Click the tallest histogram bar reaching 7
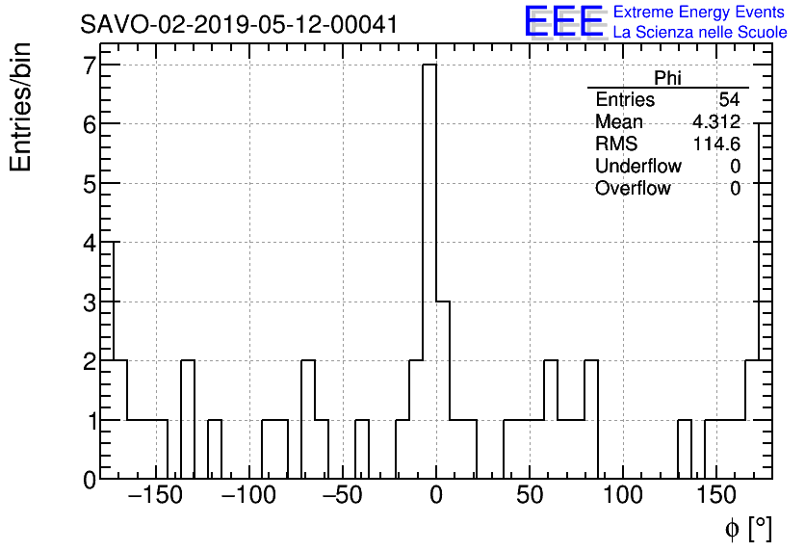(429, 270)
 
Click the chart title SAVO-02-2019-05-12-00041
(239, 24)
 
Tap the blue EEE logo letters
(563, 21)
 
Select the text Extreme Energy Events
(700, 13)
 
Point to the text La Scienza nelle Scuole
(700, 33)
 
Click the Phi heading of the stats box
(667, 78)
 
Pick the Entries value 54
(729, 100)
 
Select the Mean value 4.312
(716, 122)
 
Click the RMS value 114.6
(717, 144)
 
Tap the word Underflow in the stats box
(637, 166)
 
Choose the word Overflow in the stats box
(633, 188)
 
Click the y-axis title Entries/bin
(21, 107)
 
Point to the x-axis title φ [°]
(748, 529)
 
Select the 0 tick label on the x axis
(436, 497)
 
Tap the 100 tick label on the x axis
(624, 497)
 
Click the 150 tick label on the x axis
(718, 497)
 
